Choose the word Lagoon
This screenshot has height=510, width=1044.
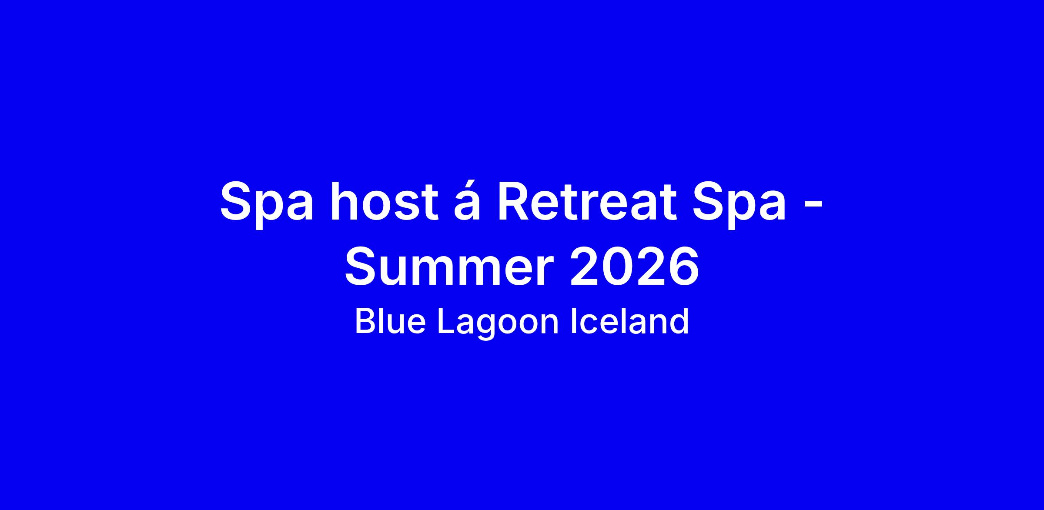(498, 324)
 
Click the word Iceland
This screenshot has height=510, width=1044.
(629, 321)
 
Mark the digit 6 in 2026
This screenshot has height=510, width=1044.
(683, 266)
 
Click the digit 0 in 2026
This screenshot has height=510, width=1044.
(619, 266)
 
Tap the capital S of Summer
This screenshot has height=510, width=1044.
(362, 266)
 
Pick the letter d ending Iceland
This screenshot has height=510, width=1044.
(679, 321)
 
